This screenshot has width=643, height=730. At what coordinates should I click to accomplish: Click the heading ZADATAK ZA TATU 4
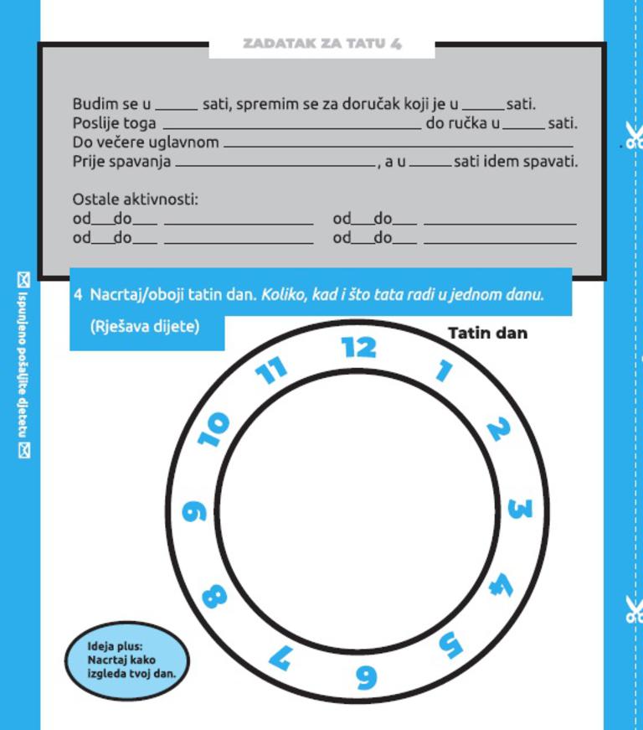coord(322,44)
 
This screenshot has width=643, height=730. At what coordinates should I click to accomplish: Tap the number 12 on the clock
coord(359,347)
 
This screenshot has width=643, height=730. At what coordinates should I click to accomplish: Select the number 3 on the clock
coord(519,509)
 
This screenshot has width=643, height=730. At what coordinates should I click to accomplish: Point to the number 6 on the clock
coord(365,676)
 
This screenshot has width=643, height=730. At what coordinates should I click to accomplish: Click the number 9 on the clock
coord(194,511)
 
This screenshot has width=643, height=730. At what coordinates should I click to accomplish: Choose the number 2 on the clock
coord(497,430)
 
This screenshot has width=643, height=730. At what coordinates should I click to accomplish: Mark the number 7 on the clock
coord(280,656)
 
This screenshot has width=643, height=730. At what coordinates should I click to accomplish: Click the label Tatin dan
coord(488,334)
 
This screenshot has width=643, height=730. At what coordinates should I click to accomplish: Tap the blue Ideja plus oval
coord(127,659)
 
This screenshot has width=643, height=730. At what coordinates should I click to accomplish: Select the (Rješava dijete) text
coord(145,326)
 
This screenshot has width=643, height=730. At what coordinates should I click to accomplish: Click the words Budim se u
coord(111,105)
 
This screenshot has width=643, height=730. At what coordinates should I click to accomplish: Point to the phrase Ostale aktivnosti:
coord(136,200)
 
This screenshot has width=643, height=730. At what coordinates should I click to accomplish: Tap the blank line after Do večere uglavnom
coord(399,147)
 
